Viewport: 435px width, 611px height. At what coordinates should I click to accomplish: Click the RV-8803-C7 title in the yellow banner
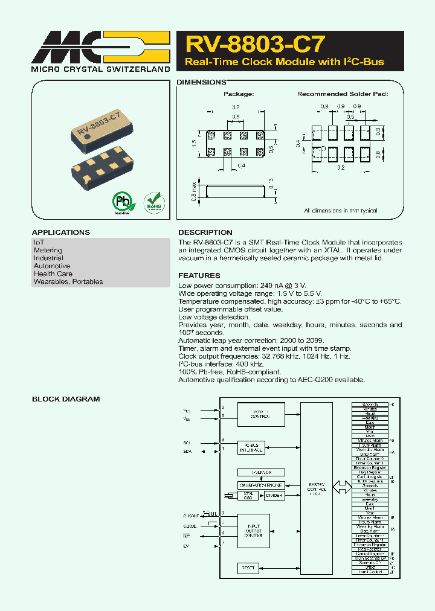(x=255, y=43)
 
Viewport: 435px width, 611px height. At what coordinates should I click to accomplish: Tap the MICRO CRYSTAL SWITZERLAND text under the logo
(x=100, y=69)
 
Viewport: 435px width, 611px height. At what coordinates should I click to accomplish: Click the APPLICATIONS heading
(x=60, y=232)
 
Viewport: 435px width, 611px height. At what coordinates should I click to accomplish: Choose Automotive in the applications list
(x=52, y=266)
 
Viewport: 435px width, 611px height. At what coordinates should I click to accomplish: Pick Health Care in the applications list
(x=53, y=274)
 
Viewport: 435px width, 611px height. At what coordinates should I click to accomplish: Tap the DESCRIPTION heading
(x=205, y=232)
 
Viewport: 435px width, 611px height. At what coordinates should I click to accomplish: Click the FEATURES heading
(x=199, y=275)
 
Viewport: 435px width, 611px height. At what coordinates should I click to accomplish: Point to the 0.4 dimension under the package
(x=241, y=165)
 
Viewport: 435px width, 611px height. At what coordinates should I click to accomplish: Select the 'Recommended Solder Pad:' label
(x=342, y=94)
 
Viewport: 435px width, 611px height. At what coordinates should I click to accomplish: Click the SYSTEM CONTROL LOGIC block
(x=316, y=488)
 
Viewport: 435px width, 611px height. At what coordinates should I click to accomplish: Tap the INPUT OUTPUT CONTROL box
(x=253, y=531)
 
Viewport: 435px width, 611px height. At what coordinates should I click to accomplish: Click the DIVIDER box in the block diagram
(x=274, y=496)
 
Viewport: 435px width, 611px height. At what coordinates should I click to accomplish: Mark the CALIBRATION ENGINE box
(x=260, y=485)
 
